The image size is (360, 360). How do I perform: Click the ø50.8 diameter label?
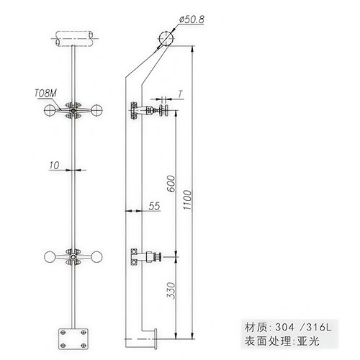(192, 19)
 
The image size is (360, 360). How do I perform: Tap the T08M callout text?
(46, 93)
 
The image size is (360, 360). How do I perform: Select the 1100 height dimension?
(187, 200)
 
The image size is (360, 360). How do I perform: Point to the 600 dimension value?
(171, 184)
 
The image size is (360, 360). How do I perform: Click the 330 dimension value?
(171, 290)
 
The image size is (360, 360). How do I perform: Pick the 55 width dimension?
(154, 206)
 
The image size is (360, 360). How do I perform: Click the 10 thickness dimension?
(54, 166)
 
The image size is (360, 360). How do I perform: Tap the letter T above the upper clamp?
(181, 94)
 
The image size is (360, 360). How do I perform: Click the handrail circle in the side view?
(166, 38)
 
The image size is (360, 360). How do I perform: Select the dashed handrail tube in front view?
(74, 38)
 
